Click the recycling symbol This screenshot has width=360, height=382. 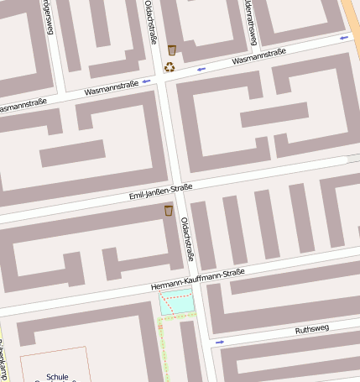170,66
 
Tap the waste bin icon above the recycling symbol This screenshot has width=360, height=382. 172,50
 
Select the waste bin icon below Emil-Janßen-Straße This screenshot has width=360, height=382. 169,210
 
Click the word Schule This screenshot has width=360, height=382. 58,377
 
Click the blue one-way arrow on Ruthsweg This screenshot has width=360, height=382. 220,342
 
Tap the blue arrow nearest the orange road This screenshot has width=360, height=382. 344,38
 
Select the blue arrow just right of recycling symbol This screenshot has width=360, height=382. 201,69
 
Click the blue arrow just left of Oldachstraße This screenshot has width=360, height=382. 147,81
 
